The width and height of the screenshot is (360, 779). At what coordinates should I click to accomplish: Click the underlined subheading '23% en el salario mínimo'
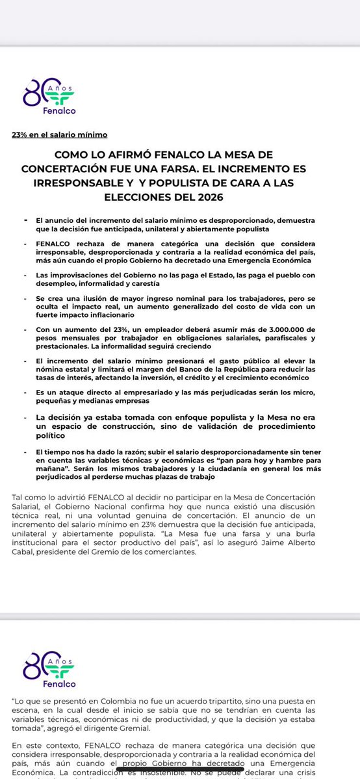(x=59, y=134)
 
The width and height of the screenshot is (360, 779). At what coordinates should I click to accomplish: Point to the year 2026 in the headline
(x=233, y=197)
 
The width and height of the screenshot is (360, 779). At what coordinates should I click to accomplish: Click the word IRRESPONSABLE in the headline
(x=107, y=183)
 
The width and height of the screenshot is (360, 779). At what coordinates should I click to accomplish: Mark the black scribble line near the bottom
(x=180, y=771)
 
